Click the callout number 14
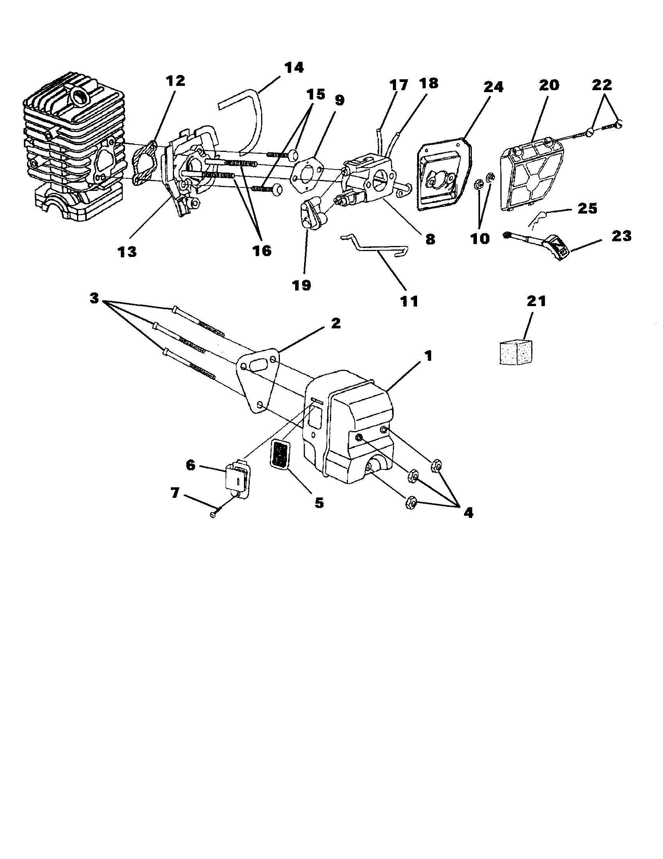click(294, 67)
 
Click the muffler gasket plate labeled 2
click(258, 380)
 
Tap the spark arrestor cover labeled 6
click(237, 478)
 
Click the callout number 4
click(468, 513)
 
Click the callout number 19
click(302, 285)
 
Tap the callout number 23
click(621, 236)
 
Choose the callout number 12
click(175, 81)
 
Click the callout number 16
click(262, 251)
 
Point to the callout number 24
click(493, 87)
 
